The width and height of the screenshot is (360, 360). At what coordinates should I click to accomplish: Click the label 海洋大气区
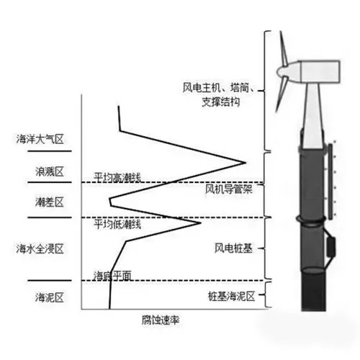tap(40, 139)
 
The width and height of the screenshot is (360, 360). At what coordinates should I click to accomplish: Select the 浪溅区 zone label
tap(50, 171)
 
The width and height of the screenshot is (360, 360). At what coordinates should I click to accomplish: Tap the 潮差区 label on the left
tap(50, 202)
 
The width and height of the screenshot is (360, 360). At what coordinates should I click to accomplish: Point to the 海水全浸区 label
tap(40, 248)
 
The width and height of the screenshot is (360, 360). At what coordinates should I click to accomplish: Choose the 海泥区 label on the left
tap(50, 297)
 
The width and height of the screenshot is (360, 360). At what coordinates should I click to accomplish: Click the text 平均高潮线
tap(117, 178)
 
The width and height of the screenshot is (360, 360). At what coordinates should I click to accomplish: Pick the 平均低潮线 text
tap(117, 225)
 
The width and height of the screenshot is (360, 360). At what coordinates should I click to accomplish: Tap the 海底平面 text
tap(112, 276)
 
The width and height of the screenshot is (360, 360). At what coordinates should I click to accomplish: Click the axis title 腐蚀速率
tap(161, 320)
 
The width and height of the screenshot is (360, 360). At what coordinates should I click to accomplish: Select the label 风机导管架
tap(229, 189)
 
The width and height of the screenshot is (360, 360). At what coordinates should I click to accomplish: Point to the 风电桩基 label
tap(233, 248)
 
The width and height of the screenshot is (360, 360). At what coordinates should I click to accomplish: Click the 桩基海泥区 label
tap(231, 297)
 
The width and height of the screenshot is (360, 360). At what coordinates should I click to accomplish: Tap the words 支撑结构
tap(221, 102)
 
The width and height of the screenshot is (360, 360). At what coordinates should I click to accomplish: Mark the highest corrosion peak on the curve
tap(246, 163)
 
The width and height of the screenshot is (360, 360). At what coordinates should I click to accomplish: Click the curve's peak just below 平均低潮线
tap(201, 223)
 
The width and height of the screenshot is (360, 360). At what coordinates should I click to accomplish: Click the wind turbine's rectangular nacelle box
tap(320, 72)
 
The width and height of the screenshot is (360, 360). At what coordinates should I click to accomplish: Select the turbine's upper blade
tap(283, 48)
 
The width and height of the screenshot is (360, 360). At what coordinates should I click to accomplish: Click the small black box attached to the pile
tap(332, 246)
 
